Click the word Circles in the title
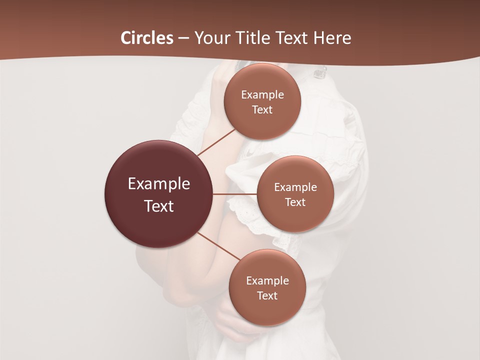point(146,38)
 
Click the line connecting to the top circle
point(217,142)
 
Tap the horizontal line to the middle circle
point(235,194)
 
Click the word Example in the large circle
point(159,184)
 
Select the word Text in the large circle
point(159,206)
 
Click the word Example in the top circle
point(262,95)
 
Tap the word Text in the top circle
point(262,110)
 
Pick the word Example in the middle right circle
point(295,187)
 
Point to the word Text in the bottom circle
point(267,296)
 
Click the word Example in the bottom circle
point(267,281)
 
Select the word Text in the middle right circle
point(295,202)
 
